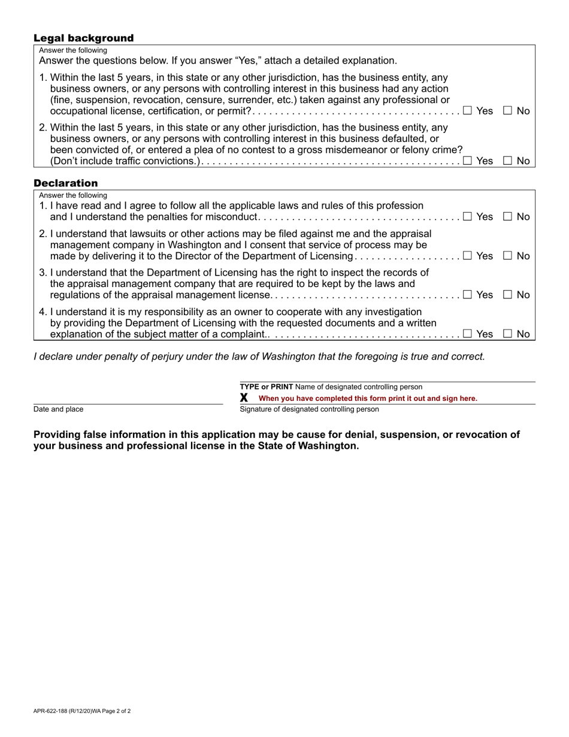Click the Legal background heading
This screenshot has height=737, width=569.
(83, 38)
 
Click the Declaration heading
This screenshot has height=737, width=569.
(65, 183)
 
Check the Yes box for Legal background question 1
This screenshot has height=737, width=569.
(467, 110)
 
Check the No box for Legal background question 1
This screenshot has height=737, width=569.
(507, 110)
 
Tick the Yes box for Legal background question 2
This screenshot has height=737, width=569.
(467, 160)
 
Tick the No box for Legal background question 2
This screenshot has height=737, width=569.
(507, 160)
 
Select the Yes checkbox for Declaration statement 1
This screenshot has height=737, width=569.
(467, 216)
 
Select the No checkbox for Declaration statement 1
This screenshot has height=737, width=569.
(507, 216)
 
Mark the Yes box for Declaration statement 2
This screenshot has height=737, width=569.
(467, 256)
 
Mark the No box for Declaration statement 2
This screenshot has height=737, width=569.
(507, 256)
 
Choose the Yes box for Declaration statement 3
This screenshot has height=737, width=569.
(467, 295)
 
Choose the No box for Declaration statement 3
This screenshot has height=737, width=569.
(507, 295)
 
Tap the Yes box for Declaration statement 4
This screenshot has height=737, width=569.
(467, 334)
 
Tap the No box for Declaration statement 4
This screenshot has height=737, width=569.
(507, 334)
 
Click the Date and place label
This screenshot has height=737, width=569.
(59, 409)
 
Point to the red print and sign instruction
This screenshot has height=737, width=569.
(368, 398)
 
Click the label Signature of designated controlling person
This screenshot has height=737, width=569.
(309, 409)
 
